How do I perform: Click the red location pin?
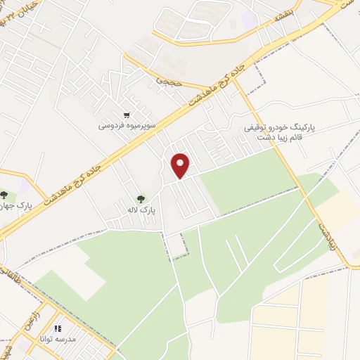[x=181, y=165]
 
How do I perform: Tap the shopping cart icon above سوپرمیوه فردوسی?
[x=127, y=115]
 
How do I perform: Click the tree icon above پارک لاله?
[x=141, y=199]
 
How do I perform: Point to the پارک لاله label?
[x=141, y=210]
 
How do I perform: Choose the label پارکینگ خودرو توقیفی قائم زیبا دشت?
[x=280, y=133]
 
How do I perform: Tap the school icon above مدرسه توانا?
[x=58, y=328]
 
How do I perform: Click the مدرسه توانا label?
[x=58, y=338]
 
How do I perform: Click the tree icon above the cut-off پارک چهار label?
[x=5, y=195]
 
